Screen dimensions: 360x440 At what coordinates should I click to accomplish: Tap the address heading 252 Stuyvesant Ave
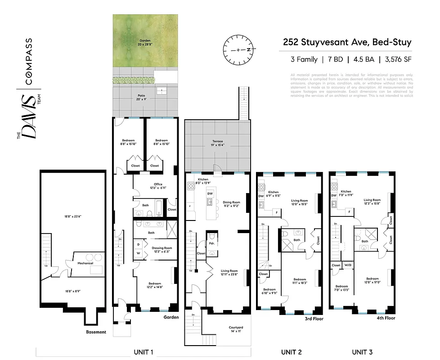[x=347, y=43]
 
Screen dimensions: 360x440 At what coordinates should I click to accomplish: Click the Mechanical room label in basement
[x=85, y=263]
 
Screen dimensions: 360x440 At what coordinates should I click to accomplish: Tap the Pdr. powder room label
[x=211, y=243]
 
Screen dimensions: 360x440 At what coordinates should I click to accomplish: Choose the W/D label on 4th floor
[x=348, y=265]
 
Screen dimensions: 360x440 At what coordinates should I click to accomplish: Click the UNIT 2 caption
[x=291, y=352]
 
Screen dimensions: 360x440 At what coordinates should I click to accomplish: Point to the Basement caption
[x=96, y=332]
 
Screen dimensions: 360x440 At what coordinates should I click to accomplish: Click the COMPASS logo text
[x=29, y=62]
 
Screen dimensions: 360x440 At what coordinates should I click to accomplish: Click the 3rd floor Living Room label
[x=299, y=202]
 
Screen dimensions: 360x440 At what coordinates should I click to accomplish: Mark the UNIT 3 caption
[x=362, y=352]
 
